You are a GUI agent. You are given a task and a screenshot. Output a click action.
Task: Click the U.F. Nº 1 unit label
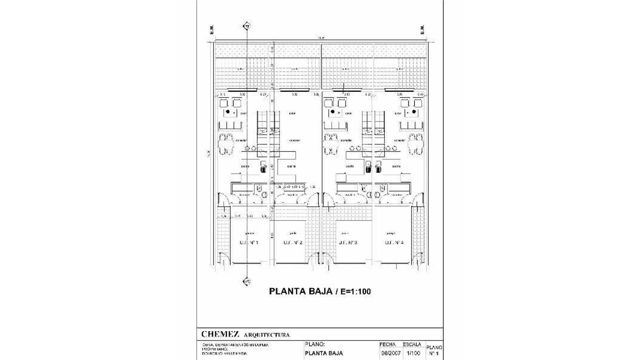pos(249,243)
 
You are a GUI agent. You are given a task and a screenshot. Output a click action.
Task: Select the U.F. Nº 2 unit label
pos(293,243)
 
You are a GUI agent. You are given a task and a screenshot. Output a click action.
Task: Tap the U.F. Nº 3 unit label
pos(348,243)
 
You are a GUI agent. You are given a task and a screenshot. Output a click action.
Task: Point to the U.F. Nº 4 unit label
pos(394,243)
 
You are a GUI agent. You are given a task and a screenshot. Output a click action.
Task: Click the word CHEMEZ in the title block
pos(220,334)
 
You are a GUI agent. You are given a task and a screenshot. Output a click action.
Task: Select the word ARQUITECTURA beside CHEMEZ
pos(267,335)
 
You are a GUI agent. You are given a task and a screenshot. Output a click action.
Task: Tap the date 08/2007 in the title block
pos(390,353)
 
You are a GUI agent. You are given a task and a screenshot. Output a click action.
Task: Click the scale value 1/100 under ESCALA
pos(413,353)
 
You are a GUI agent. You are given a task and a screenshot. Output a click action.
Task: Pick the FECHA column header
pos(387,344)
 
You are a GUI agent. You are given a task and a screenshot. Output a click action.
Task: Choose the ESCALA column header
pos(412,344)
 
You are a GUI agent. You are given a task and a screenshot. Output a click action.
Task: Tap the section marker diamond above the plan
pos(247,26)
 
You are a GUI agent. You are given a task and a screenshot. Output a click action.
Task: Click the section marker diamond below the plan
pos(247,282)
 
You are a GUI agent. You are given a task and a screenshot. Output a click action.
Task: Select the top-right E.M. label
pos(422,30)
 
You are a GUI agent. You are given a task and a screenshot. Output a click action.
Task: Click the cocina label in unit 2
pos(292,166)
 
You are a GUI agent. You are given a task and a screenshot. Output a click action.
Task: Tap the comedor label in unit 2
pos(295,140)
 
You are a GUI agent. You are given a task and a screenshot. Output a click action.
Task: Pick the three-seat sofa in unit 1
pos(230,126)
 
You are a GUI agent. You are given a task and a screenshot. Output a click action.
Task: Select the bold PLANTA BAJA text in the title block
pos(324,353)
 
